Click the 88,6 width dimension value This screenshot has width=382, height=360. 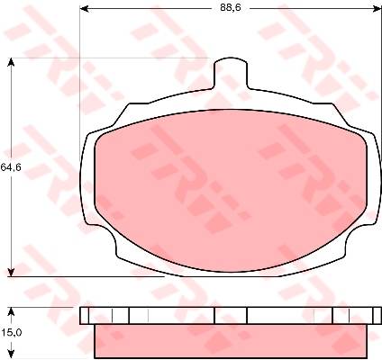click(231, 8)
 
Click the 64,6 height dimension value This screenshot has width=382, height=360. click(11, 167)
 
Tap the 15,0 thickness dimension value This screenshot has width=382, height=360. click(11, 333)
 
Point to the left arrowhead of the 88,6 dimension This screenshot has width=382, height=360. click(85, 9)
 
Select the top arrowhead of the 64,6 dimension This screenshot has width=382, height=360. click(11, 62)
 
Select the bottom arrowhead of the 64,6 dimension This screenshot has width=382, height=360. click(11, 272)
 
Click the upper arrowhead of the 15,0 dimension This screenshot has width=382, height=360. click(11, 311)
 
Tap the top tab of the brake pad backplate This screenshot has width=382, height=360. click(231, 73)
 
